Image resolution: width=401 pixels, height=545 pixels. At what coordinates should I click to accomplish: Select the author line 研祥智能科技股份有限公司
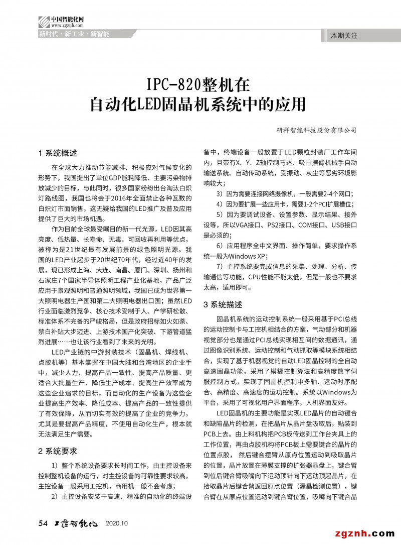coord(316,130)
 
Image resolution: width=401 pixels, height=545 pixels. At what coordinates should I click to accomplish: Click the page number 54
coord(43,523)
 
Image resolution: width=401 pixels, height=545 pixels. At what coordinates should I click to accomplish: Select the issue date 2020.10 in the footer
coord(117,524)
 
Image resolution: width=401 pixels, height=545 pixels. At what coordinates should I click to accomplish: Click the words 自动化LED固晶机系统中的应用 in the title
coord(197,105)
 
